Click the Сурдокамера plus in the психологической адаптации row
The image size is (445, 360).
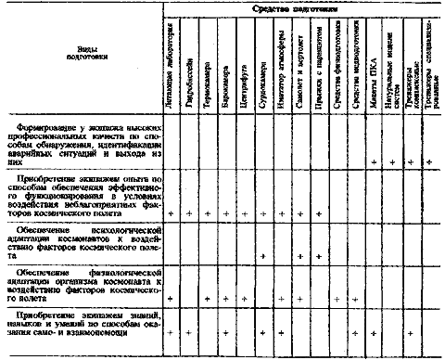coord(265,256)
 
